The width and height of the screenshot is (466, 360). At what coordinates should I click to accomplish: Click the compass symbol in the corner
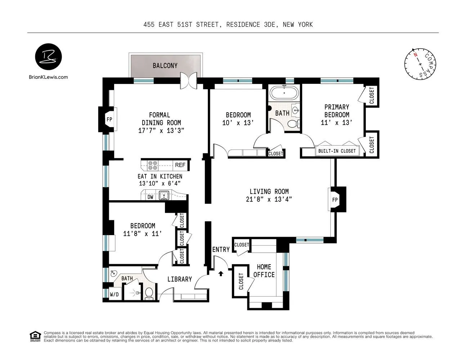tap(420, 64)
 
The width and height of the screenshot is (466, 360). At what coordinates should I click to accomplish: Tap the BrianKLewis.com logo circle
tap(48, 57)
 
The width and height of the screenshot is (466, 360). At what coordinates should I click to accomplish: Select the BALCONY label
tap(165, 66)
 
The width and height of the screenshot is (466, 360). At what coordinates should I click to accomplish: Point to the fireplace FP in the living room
tap(335, 200)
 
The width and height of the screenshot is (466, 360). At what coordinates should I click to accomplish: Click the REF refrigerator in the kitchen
tap(180, 165)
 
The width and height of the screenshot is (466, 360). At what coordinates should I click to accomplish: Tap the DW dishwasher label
tap(150, 197)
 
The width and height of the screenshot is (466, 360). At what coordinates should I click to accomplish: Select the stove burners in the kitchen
tap(153, 165)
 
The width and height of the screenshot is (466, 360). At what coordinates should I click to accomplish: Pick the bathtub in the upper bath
tap(284, 93)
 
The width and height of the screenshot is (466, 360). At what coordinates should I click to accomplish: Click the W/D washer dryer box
tap(114, 294)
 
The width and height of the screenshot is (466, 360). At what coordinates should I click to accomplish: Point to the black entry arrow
tap(221, 274)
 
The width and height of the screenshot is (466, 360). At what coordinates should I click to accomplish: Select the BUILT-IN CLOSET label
tap(337, 151)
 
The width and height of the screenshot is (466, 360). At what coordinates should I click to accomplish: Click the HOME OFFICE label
tap(264, 271)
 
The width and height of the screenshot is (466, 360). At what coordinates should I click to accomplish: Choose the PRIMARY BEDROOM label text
tap(337, 111)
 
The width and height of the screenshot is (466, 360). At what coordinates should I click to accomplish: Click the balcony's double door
tap(188, 80)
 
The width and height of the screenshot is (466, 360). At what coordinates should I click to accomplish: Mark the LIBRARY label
tap(180, 279)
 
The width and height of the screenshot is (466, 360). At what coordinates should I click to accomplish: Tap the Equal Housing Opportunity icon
tap(35, 336)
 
